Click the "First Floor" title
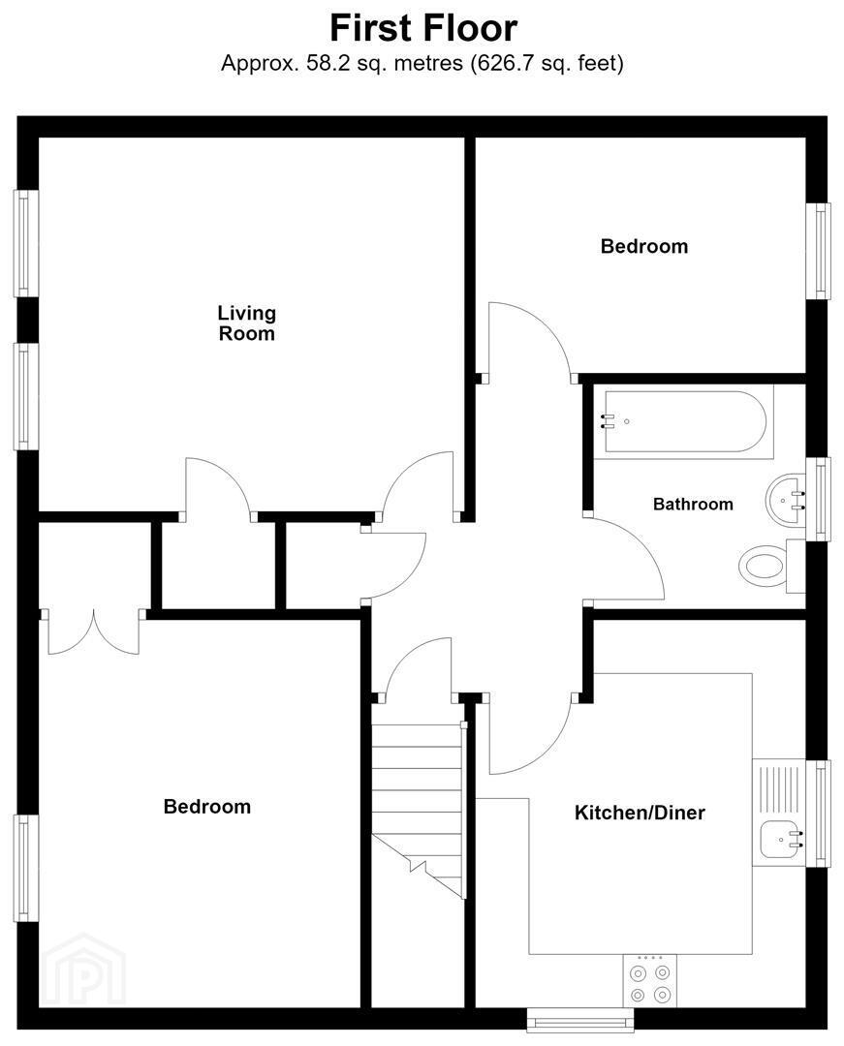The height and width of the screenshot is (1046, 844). (423, 29)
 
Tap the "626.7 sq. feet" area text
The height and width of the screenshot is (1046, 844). (547, 63)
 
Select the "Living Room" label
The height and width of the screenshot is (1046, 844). (247, 323)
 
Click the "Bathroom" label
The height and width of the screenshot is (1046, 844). (693, 504)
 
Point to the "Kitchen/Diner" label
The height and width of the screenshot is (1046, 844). (640, 813)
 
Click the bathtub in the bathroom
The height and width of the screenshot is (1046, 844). (684, 421)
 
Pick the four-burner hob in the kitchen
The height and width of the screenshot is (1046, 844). (650, 984)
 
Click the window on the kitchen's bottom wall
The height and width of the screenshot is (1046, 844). (579, 1020)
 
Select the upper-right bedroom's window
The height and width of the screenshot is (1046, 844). (819, 251)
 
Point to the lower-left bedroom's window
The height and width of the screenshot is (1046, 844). (26, 868)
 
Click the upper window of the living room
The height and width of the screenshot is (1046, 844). (26, 243)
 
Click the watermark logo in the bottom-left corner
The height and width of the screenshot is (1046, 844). (84, 970)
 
